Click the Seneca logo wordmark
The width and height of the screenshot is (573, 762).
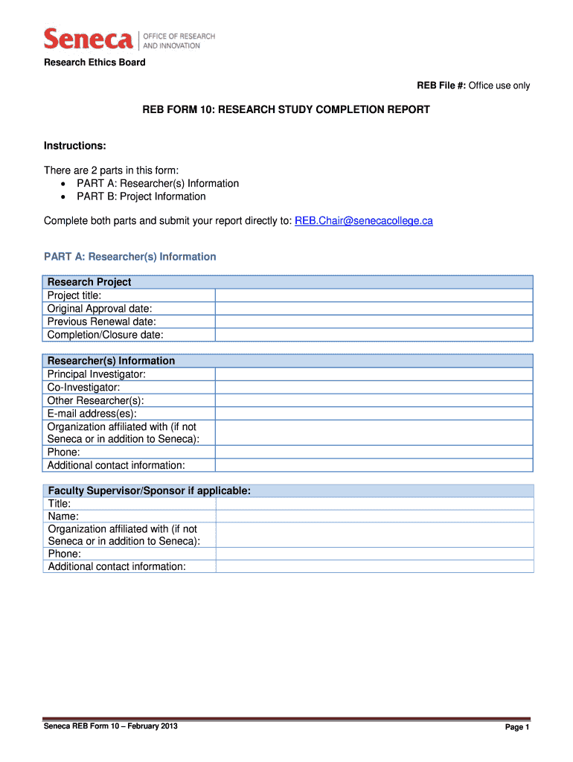pos(89,39)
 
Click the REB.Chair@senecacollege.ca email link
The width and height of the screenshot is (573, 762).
pos(364,221)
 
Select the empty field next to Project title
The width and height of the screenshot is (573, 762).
pos(374,295)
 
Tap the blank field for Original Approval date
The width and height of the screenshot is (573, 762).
pos(374,309)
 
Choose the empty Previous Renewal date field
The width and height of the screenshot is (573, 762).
pos(374,321)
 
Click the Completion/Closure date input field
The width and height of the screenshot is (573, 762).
pos(374,335)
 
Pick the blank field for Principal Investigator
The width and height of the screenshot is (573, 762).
pos(374,374)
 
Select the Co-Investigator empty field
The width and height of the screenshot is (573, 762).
pos(374,388)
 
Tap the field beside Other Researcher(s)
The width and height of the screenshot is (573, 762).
pos(374,400)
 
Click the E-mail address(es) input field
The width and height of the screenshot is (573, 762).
pos(374,414)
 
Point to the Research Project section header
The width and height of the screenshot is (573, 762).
pos(89,282)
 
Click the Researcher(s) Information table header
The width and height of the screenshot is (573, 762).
pos(111,361)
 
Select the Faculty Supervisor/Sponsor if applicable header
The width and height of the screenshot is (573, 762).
pos(149,491)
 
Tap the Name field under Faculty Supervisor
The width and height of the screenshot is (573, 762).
pos(374,516)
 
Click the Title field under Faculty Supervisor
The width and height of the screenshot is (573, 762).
pos(374,504)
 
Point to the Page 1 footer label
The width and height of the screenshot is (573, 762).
pos(516,728)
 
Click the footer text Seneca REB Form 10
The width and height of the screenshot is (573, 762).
pos(110,726)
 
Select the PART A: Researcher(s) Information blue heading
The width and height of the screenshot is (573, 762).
pos(130,257)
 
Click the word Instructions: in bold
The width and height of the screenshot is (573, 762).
pos(74,146)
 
